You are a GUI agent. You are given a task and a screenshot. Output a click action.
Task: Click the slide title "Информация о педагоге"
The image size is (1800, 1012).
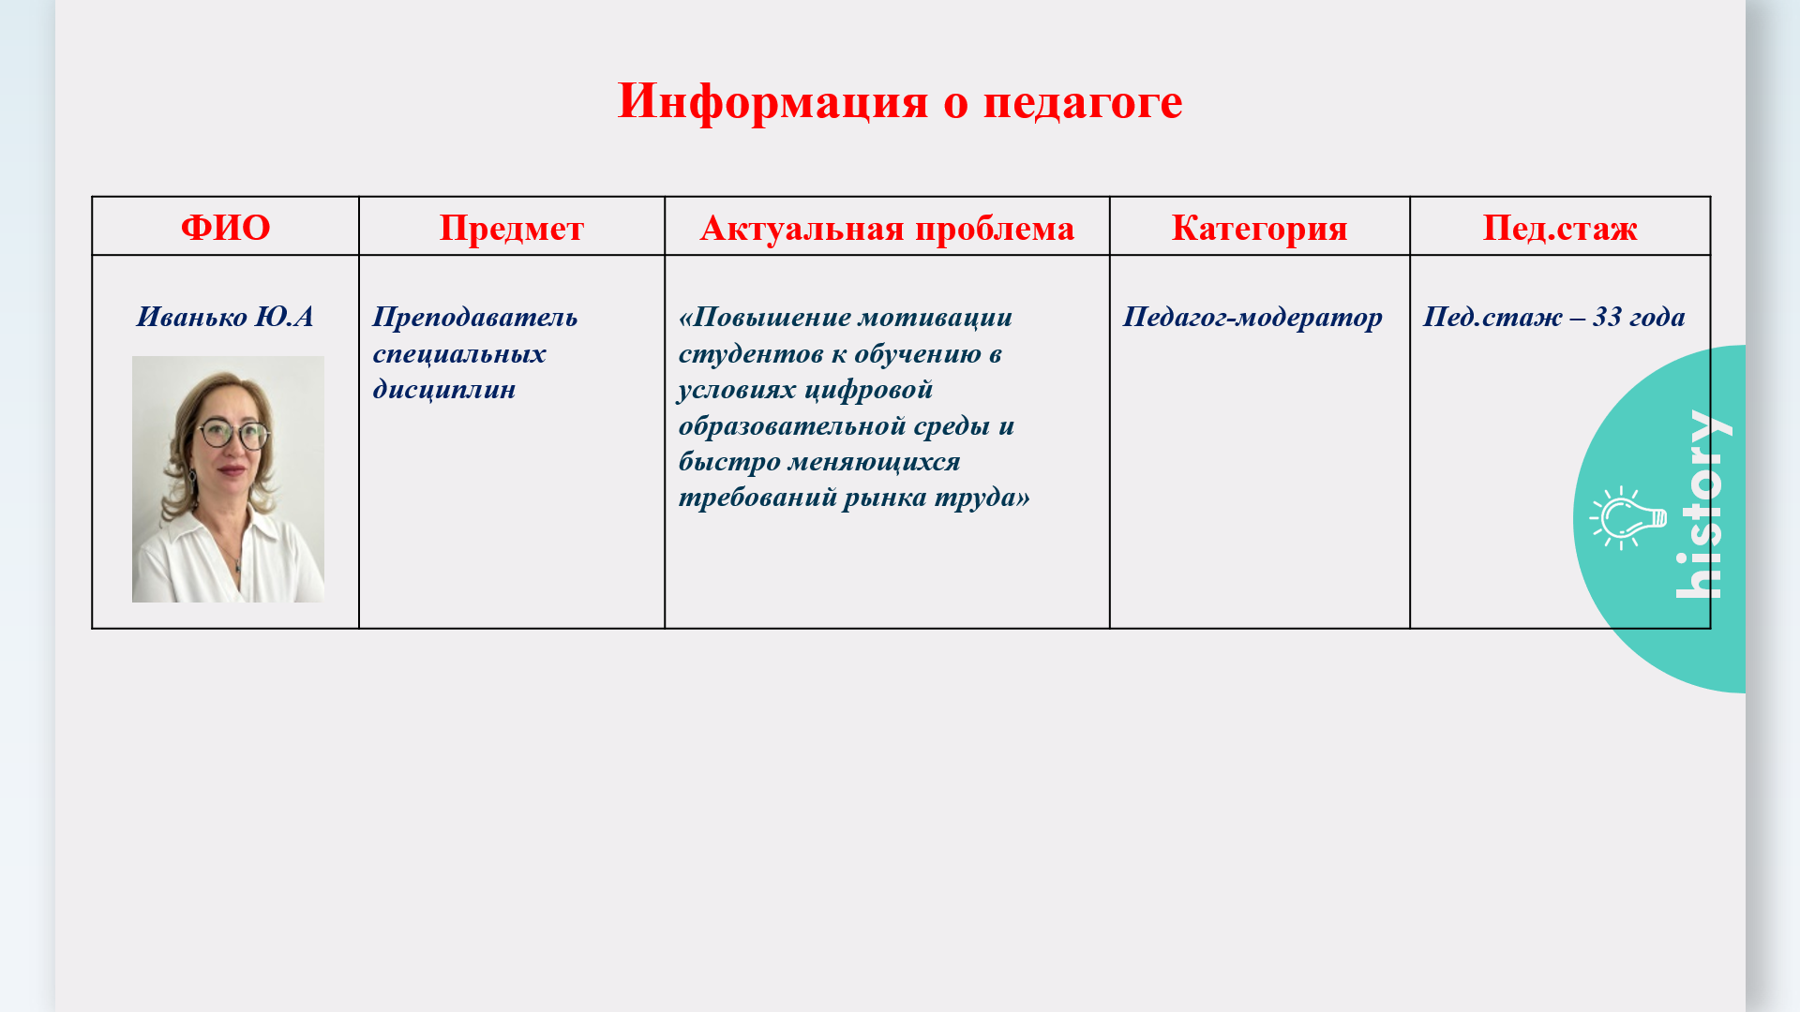(x=900, y=100)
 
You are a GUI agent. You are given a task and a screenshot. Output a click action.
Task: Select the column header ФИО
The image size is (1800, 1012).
(x=225, y=228)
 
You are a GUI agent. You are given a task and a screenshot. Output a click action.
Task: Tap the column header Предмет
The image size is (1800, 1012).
(x=512, y=228)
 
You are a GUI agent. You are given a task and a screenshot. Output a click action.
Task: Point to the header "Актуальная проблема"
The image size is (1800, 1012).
(x=887, y=228)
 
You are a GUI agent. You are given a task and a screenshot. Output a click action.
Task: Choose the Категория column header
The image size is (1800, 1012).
(x=1259, y=228)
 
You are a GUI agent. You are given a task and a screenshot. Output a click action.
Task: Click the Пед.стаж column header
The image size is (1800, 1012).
(x=1560, y=228)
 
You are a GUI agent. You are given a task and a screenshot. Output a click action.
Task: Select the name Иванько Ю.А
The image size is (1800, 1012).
(x=225, y=317)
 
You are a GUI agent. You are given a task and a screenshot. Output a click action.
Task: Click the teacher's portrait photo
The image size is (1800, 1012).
(x=228, y=479)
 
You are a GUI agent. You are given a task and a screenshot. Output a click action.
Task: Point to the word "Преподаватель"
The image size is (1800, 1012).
(x=475, y=317)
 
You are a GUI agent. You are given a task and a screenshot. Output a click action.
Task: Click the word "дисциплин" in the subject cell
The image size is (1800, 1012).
(x=444, y=389)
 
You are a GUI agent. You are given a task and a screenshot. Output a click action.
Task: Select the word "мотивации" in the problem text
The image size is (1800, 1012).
(x=936, y=317)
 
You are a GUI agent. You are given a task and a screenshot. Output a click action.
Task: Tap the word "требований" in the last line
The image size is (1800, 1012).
(x=757, y=497)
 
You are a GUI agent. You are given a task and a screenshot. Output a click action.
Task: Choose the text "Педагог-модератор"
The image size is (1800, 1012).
(x=1252, y=317)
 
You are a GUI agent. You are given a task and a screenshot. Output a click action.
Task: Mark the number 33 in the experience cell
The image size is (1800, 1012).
(x=1607, y=317)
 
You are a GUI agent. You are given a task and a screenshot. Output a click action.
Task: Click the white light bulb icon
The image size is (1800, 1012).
(x=1627, y=518)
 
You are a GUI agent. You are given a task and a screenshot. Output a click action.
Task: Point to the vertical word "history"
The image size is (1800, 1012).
(x=1701, y=504)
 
